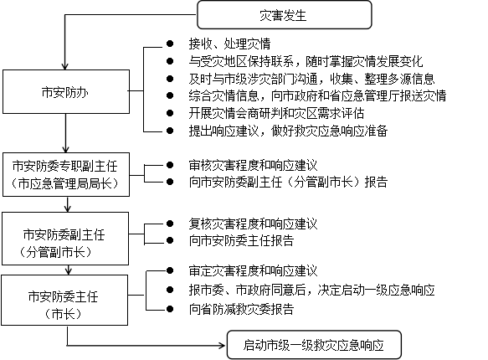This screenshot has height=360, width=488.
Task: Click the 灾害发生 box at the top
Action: pos(285,15)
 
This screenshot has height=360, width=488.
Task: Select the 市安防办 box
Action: pos(66,91)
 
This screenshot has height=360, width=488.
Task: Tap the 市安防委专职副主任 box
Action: pos(66,174)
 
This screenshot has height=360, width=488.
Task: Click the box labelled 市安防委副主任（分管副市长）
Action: pos(65,239)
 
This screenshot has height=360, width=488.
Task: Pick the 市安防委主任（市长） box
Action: pos(64,301)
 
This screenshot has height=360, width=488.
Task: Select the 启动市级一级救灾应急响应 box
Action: pos(314,345)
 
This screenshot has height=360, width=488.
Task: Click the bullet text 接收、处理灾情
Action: pos(229,44)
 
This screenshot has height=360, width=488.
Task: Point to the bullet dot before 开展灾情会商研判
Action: pos(170,113)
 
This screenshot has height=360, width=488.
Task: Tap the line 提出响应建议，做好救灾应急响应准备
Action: pos(288,131)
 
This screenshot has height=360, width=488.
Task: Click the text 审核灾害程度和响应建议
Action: pos(253,165)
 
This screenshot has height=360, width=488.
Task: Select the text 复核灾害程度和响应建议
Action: pos(253,224)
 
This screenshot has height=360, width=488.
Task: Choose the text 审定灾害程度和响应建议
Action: pos(253,270)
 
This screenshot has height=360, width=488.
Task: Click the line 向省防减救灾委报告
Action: pos(241,309)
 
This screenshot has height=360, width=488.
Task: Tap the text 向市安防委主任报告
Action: pos(241,240)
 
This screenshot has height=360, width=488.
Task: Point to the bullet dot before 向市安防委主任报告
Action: pos(170,240)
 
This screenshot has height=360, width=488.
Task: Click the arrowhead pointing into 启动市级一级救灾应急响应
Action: pos(222,345)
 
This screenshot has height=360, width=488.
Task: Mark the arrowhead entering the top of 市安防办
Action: pos(64,65)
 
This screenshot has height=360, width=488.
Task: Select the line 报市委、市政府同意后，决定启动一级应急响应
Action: pos(311,290)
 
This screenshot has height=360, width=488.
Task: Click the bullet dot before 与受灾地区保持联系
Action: pos(170,61)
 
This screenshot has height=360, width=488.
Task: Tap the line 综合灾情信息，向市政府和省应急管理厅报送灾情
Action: pos(317,95)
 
